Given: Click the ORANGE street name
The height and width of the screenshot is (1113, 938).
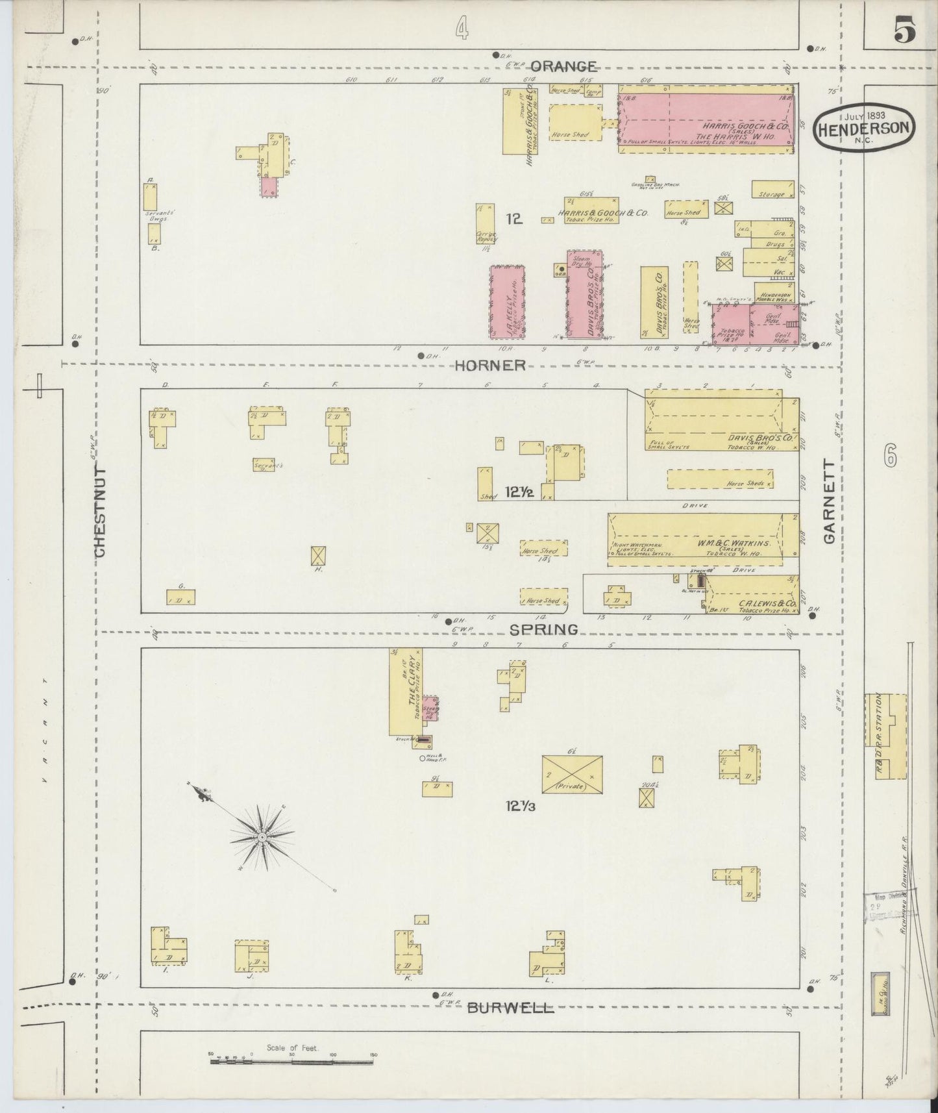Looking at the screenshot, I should tap(564, 66).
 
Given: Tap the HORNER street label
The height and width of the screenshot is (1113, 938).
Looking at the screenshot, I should tap(489, 366).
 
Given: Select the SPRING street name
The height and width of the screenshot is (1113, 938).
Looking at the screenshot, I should tap(543, 629).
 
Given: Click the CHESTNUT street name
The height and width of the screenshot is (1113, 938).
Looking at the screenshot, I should tap(101, 513).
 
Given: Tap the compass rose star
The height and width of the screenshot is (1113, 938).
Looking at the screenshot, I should tap(261, 838).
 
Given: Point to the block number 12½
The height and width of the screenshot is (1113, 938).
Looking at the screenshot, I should tap(519, 493).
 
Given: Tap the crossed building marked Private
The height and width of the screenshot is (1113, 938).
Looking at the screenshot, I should tap(572, 773).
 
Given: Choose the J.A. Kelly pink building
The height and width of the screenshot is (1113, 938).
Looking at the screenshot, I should tap(507, 302).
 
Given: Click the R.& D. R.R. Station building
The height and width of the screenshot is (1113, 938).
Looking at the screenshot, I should tap(885, 736).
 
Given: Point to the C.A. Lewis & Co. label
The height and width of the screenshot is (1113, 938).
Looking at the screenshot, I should tap(751, 603).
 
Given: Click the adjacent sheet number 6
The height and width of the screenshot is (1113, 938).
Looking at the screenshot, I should tap(889, 458).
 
